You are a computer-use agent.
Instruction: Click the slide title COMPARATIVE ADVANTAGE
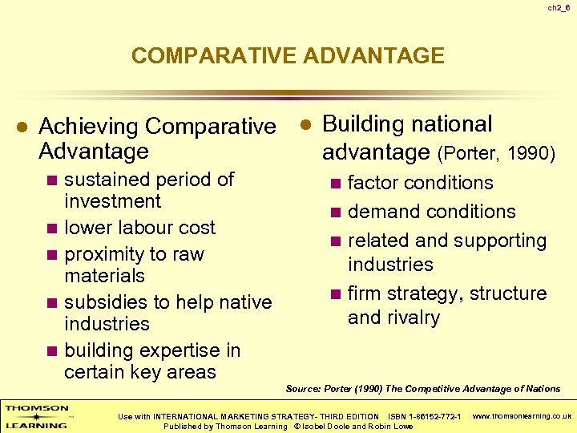(288, 55)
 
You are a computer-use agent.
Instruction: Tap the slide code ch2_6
(559, 8)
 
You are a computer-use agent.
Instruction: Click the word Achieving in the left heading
(90, 127)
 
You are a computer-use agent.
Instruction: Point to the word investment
(112, 201)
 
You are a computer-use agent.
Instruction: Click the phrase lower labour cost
(139, 228)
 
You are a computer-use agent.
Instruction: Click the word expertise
(171, 350)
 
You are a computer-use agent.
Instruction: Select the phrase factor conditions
(420, 184)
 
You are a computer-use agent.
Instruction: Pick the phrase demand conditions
(431, 212)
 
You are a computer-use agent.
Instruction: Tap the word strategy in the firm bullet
(431, 293)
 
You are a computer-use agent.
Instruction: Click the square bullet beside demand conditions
(336, 212)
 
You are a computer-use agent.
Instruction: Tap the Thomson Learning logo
(36, 416)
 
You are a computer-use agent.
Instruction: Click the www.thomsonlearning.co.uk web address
(522, 416)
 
